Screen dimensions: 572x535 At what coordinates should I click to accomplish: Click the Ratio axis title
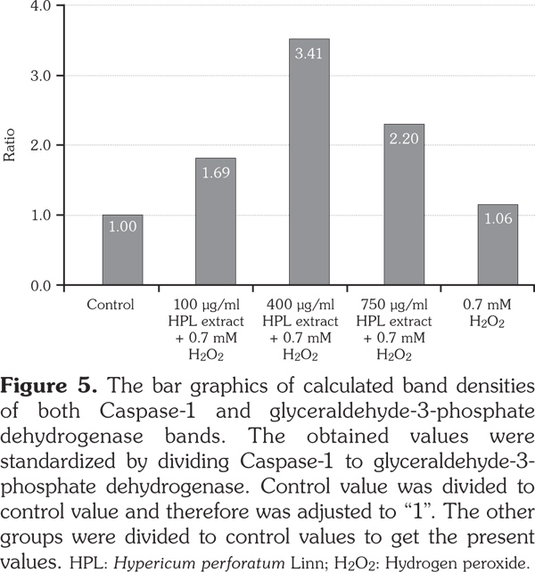11,146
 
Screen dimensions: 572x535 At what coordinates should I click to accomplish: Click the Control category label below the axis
111,305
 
